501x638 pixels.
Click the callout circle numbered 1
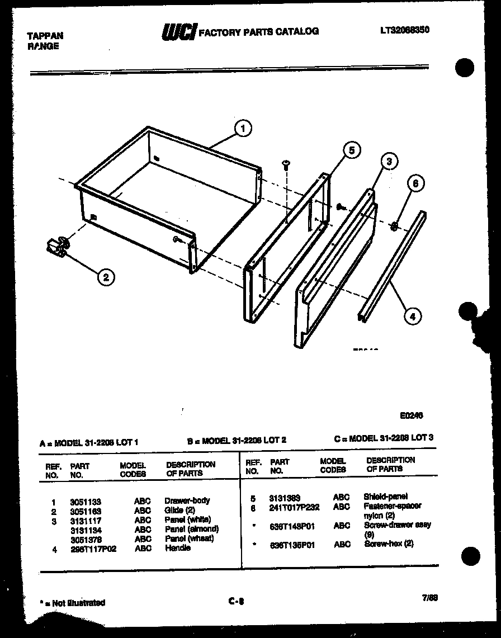243,129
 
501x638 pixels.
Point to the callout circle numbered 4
412,316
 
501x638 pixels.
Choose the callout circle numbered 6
415,183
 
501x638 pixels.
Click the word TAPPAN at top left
45,36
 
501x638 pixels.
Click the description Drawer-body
187,501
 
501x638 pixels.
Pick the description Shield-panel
385,497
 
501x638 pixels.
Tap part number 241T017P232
294,507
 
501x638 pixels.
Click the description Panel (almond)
191,529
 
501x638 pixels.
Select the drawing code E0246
411,416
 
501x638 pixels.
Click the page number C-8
236,602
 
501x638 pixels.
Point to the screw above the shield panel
286,164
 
